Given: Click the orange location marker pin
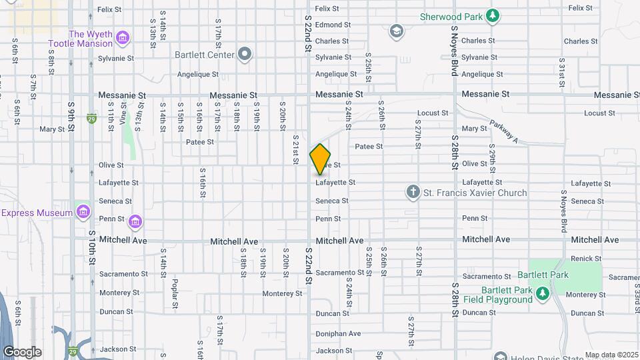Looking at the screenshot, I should tap(320, 159).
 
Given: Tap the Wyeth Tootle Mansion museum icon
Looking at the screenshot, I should tap(122, 39).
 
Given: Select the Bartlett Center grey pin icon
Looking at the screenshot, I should tap(245, 54).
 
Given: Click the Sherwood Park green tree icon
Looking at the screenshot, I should tap(493, 16).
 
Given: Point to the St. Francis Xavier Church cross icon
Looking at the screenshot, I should tap(413, 193).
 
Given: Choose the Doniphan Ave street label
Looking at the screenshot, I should tap(338, 333).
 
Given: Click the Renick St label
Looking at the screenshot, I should tap(587, 258).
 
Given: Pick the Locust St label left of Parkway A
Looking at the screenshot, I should tap(433, 113).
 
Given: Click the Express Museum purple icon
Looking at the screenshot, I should tap(83, 212).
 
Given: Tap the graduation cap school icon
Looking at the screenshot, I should tap(396, 31).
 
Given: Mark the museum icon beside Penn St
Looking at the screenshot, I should tap(135, 221).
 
